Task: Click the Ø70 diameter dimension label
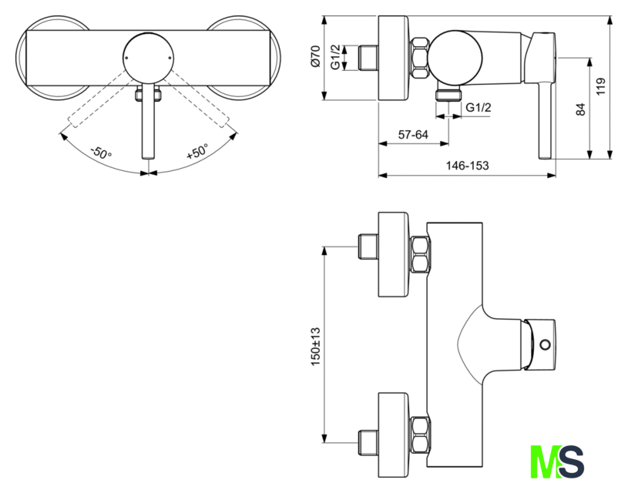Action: (x=316, y=56)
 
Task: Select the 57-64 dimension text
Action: (x=413, y=135)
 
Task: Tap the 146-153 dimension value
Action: (x=468, y=166)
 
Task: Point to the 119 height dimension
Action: (x=601, y=86)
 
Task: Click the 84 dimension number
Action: (x=581, y=109)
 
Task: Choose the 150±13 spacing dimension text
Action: (x=316, y=347)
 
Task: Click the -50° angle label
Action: (x=101, y=153)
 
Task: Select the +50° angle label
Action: (x=197, y=152)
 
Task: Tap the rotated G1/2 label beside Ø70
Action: (x=336, y=57)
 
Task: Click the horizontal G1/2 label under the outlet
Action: (x=479, y=107)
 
